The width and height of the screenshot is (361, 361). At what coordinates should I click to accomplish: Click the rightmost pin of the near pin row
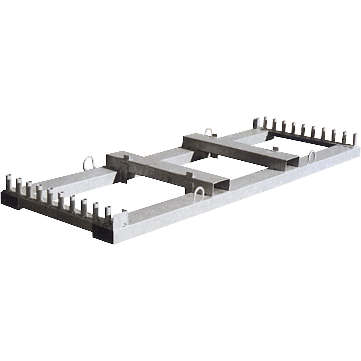(108, 213)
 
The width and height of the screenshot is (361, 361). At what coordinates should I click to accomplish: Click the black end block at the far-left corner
(9, 199)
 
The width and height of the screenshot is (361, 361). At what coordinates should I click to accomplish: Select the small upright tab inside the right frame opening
(275, 149)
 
